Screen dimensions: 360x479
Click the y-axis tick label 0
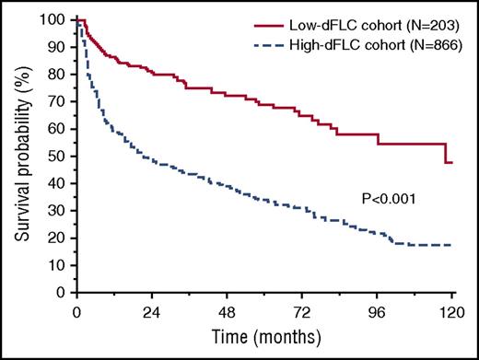point(64,293)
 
